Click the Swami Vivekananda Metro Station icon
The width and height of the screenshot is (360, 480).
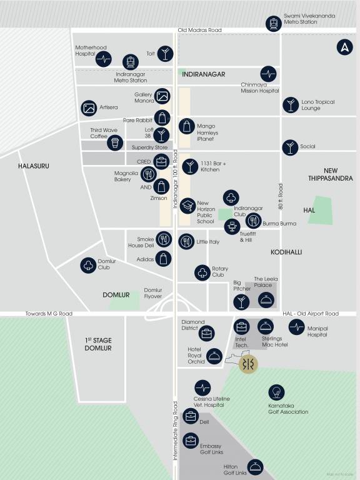(x=272, y=23)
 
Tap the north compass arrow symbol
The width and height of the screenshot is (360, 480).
(x=344, y=47)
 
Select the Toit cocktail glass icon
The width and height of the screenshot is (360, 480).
(x=164, y=54)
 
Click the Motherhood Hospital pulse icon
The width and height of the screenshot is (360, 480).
(x=103, y=60)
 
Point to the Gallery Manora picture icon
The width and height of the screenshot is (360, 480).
(x=162, y=96)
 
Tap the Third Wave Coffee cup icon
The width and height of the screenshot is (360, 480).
(x=114, y=143)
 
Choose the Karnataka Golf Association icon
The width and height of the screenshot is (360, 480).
(x=276, y=392)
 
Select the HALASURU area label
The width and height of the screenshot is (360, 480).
(x=33, y=166)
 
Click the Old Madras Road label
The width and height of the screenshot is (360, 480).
(x=199, y=30)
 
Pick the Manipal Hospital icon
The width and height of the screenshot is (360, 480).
(x=296, y=326)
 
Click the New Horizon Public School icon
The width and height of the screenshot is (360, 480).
(x=187, y=206)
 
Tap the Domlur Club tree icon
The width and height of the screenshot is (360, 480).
(x=88, y=265)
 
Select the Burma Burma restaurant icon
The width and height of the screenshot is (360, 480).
(x=253, y=220)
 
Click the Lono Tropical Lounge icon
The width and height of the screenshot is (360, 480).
(x=290, y=105)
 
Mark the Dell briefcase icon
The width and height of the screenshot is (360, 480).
(x=190, y=415)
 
